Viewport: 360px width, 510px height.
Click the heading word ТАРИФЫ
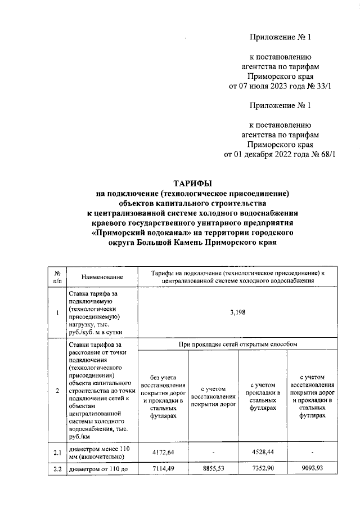[192, 184]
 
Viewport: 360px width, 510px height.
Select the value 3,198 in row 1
[238, 314]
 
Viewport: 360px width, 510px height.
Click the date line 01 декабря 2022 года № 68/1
[280, 154]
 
